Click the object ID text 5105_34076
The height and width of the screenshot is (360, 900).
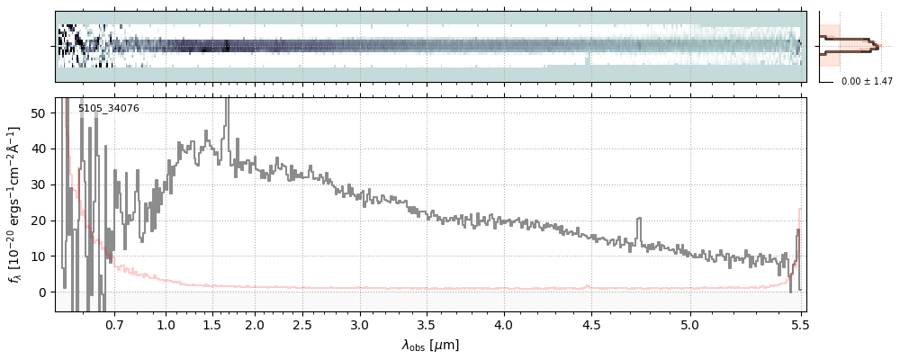[x=108, y=109]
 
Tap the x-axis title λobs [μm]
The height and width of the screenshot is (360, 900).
[x=430, y=345]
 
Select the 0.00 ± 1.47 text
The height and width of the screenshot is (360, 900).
[x=866, y=82]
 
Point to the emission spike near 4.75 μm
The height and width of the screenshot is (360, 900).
[x=639, y=220]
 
